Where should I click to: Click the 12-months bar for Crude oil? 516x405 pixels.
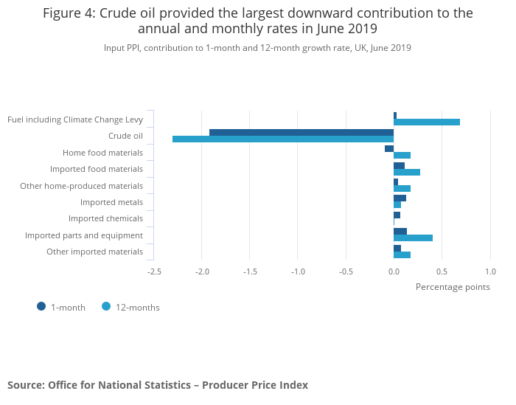(283, 139)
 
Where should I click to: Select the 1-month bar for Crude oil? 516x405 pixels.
(301, 133)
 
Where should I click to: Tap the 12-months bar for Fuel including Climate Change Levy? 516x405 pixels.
(427, 122)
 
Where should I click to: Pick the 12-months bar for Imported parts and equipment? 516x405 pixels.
(413, 238)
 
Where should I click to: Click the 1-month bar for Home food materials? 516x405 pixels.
(389, 149)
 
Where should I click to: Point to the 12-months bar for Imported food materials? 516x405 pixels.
(407, 172)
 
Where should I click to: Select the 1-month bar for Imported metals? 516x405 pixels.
(400, 198)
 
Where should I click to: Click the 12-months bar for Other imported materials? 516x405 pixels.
(402, 255)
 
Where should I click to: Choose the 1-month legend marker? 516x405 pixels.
(41, 307)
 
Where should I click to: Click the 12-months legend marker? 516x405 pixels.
(106, 307)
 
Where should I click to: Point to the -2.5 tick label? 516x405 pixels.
(154, 271)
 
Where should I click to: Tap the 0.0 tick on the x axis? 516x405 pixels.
(394, 271)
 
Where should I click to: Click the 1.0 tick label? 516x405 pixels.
(490, 271)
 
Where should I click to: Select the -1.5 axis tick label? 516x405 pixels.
(250, 271)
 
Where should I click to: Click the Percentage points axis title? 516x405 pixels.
(453, 287)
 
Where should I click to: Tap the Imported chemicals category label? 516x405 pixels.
(105, 218)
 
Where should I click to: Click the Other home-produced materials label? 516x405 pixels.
(81, 186)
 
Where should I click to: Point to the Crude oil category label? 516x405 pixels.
(125, 136)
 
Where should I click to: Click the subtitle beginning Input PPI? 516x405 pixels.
(257, 48)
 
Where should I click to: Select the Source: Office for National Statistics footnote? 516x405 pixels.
(158, 385)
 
